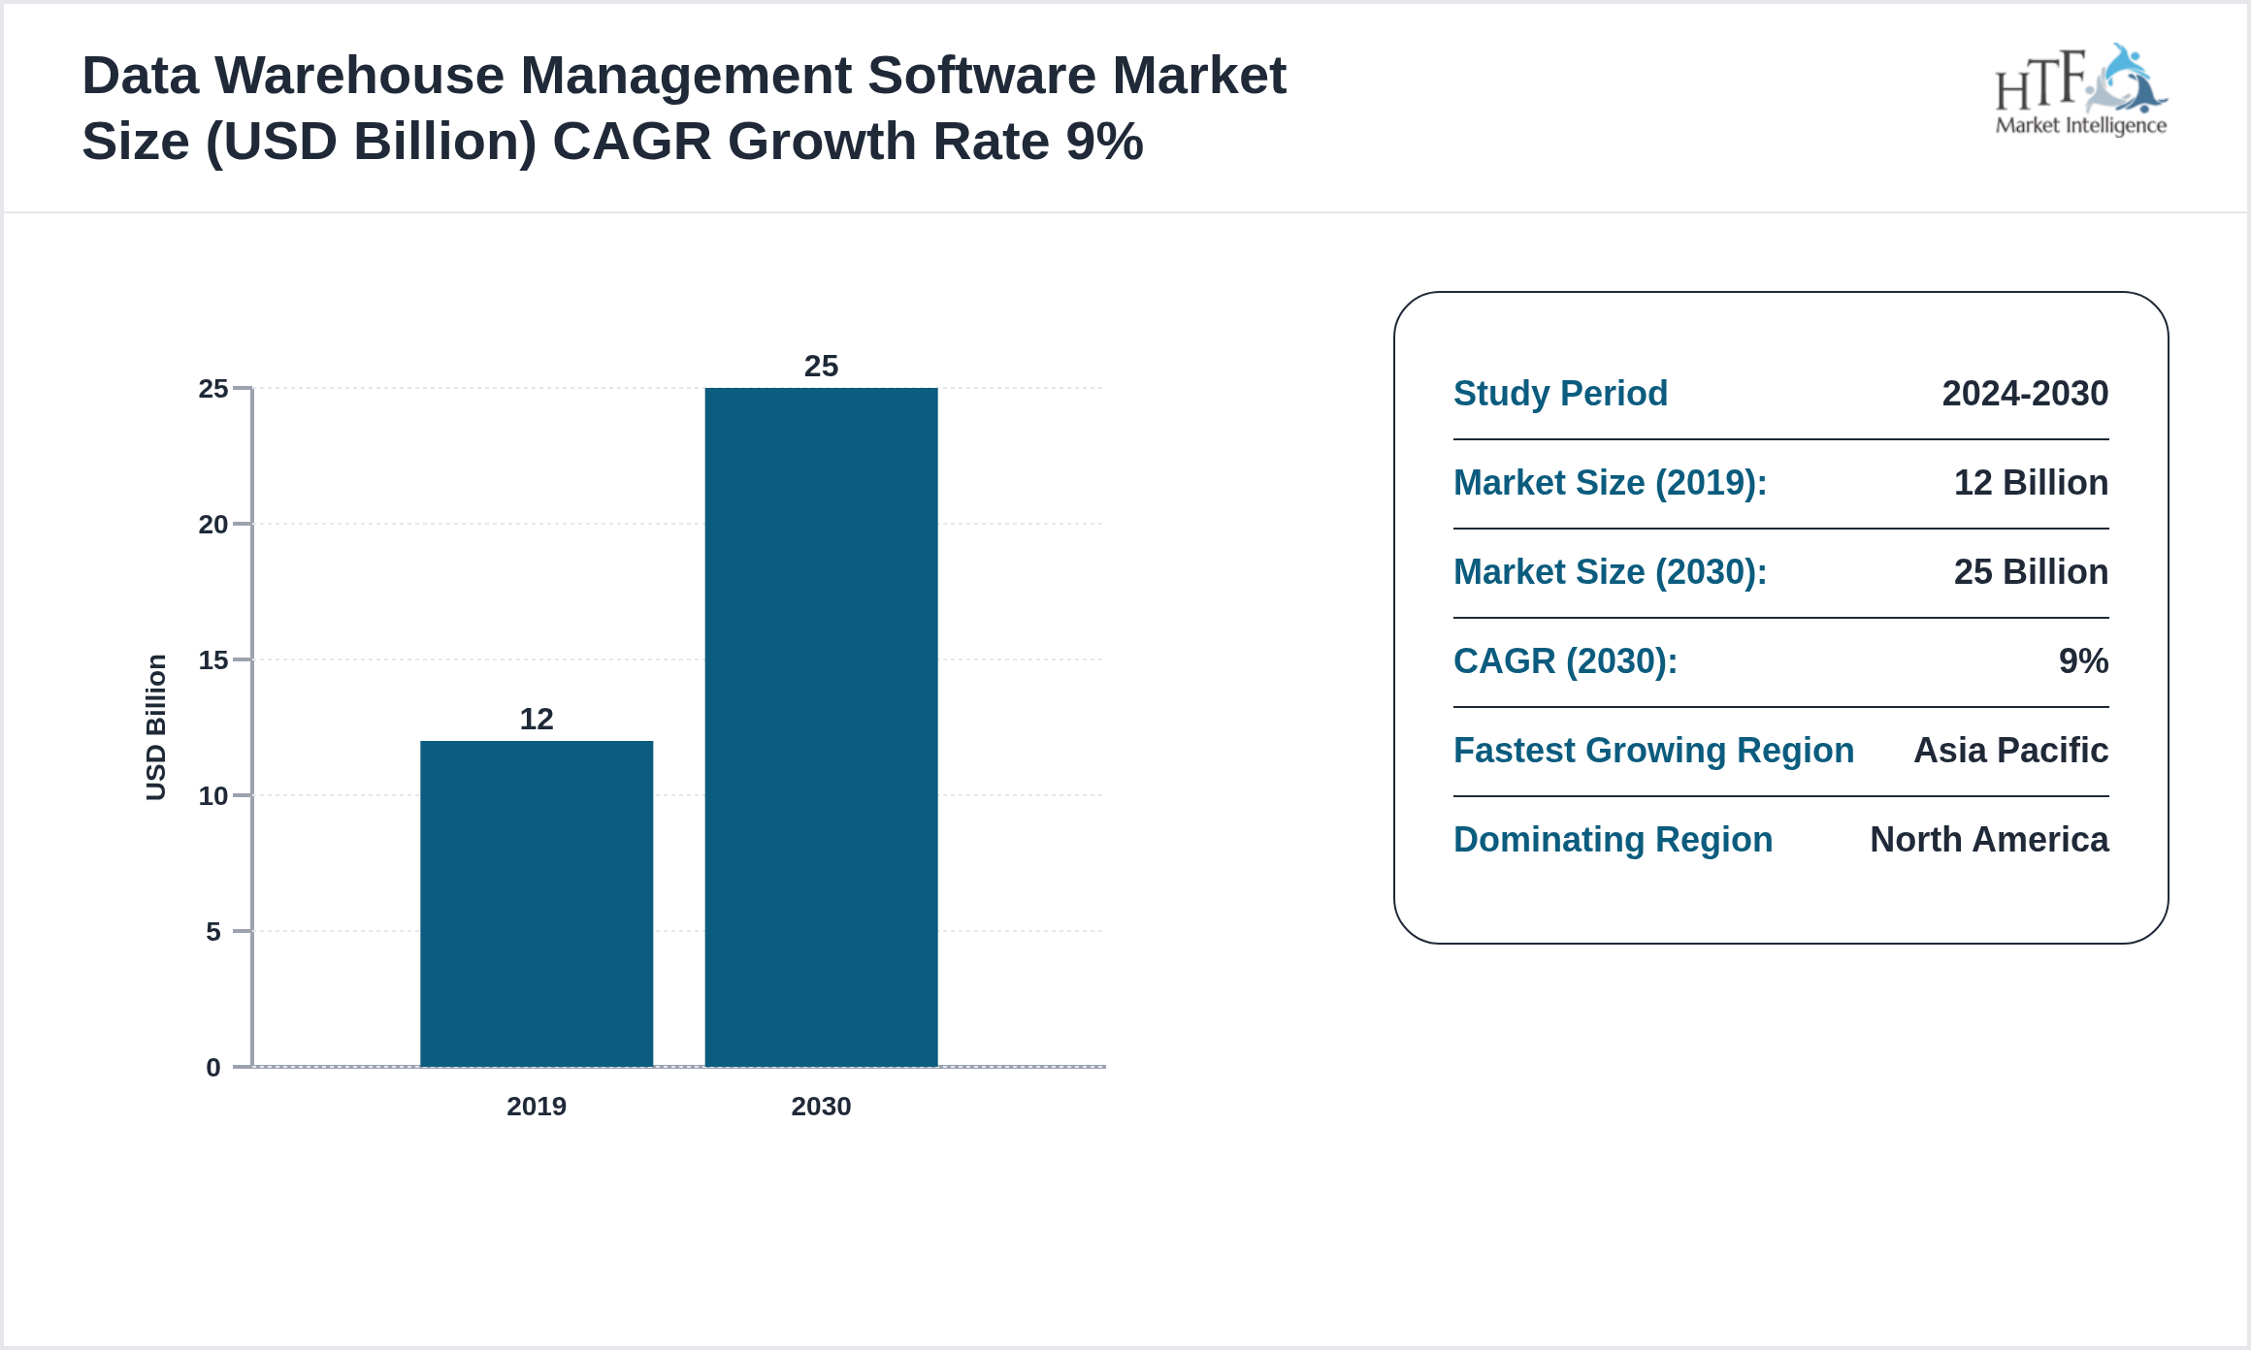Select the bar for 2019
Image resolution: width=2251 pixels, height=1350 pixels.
tap(537, 903)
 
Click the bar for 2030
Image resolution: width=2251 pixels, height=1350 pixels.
tap(821, 726)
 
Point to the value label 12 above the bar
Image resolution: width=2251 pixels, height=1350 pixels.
tap(537, 719)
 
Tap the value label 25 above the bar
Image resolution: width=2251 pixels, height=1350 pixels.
tap(821, 366)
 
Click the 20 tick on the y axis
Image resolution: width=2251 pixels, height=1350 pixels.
tap(213, 525)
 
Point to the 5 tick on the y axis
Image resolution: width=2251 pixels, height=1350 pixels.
tap(213, 932)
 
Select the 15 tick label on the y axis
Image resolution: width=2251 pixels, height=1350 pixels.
tap(213, 660)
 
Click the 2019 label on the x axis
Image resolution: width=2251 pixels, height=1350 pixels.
tap(537, 1106)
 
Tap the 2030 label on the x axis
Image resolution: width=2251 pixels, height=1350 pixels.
tap(821, 1106)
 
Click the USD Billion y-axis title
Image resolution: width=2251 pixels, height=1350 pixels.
tap(156, 727)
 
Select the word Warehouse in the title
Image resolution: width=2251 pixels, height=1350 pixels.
tap(367, 76)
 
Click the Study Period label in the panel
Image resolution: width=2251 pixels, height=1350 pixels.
tap(1560, 394)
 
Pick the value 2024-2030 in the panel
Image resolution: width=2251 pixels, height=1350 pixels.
tap(2025, 394)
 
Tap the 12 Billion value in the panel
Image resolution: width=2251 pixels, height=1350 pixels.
tap(2031, 483)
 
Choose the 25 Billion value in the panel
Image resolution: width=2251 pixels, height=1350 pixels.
tap(2031, 572)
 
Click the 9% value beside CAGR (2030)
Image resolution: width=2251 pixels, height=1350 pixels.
tap(2083, 661)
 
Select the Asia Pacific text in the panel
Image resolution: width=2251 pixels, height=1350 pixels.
tap(2010, 751)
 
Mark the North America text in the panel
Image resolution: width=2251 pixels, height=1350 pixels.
tap(1989, 840)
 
